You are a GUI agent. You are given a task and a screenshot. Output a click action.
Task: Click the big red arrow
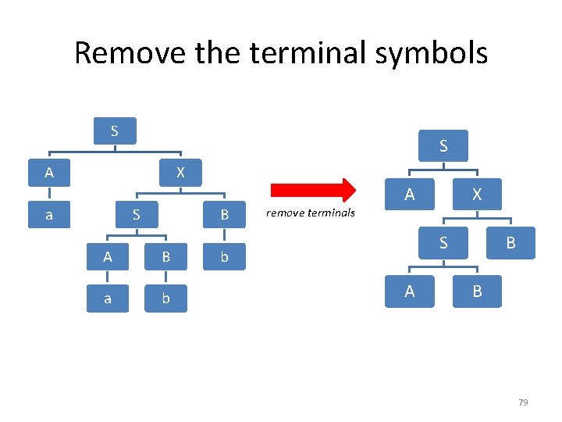point(312,190)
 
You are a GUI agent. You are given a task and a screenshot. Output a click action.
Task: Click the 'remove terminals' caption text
point(311,213)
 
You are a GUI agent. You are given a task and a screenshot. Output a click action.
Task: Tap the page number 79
point(523,402)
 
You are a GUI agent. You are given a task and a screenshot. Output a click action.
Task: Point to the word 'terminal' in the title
point(301,53)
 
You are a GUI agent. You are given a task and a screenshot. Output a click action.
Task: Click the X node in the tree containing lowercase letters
point(180,172)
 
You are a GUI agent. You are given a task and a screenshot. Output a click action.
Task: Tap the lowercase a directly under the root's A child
point(49,214)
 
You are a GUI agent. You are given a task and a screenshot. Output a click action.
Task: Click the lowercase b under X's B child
point(224,256)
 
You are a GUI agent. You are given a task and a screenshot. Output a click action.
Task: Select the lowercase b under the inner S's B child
point(165,299)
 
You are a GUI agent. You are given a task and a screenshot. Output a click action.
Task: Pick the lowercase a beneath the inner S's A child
point(107,299)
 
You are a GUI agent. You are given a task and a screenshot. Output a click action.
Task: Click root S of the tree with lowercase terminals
point(115,131)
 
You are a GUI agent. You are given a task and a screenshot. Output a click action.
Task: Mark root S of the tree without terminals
point(443,145)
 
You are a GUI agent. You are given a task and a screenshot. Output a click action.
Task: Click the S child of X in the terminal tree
point(136,214)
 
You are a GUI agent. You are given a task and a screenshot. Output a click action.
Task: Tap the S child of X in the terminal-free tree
point(443,243)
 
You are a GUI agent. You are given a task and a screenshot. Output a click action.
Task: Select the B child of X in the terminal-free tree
point(510,243)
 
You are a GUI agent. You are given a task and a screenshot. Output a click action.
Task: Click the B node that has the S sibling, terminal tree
point(224,214)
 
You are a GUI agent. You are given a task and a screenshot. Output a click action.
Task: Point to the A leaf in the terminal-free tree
point(409,291)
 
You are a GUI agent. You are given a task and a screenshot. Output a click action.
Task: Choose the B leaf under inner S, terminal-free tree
point(476,291)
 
